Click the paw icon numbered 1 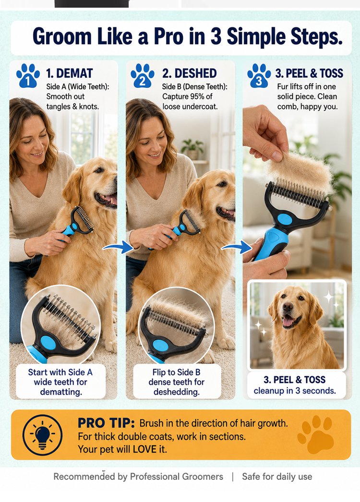28,75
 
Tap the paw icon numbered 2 143,75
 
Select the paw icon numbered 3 259,75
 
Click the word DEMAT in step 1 74,73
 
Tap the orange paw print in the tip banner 315,434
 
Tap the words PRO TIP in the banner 107,423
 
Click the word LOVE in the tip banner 144,449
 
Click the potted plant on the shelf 192,149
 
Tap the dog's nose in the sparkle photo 288,308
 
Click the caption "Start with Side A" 60,372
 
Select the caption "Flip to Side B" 177,372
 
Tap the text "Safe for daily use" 277,477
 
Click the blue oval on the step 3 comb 285,220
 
